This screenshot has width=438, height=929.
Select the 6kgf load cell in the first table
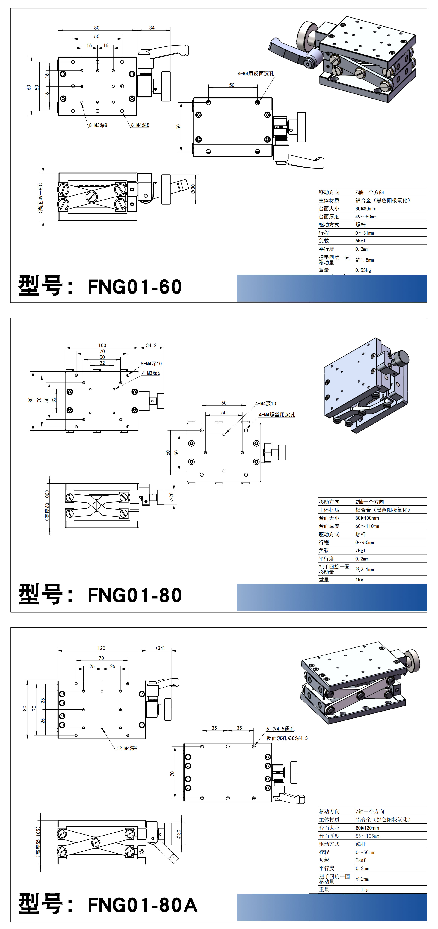(x=361, y=241)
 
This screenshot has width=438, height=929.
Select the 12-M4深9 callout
(x=127, y=748)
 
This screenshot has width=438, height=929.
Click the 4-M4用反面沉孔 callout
(x=256, y=74)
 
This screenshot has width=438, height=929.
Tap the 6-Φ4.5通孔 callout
(x=280, y=729)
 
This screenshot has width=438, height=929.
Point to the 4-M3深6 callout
(x=151, y=373)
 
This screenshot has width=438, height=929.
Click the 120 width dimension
(x=101, y=648)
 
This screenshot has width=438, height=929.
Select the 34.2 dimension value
(x=151, y=345)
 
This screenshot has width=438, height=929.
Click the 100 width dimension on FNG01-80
(x=102, y=345)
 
